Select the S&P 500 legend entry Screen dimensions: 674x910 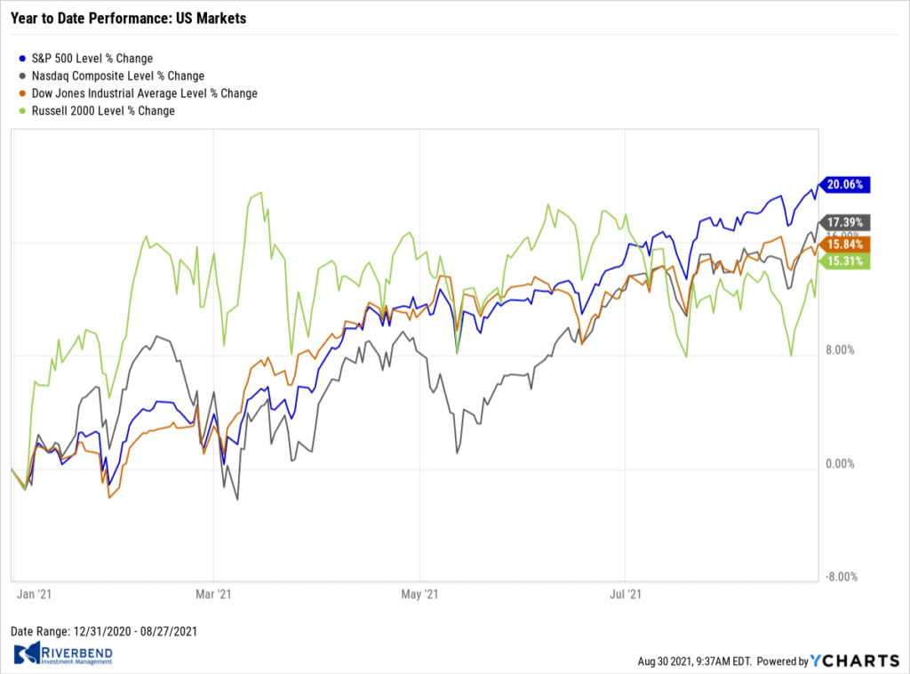coord(86,59)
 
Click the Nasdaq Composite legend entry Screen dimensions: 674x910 coord(112,76)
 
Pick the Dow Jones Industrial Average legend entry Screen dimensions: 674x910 coord(139,93)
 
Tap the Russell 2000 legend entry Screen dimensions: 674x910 coord(98,111)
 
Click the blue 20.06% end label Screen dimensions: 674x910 coord(845,185)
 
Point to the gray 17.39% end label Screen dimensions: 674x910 coord(845,221)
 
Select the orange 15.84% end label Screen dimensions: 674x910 coord(845,244)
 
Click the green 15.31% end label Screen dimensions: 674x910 coord(845,261)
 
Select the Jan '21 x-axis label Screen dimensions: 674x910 coord(32,592)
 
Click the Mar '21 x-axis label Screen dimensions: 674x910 coord(213,592)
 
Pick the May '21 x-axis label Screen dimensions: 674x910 coord(420,592)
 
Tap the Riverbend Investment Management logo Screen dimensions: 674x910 coord(63,655)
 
